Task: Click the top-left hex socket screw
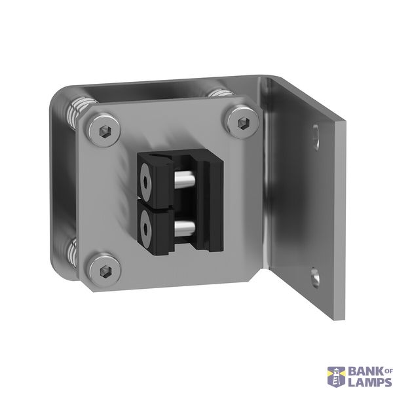click(x=105, y=130)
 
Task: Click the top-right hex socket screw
click(x=244, y=122)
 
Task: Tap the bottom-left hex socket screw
click(x=105, y=271)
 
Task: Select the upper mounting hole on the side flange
click(x=316, y=138)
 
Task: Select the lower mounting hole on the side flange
click(x=315, y=278)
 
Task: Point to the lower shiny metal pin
click(x=184, y=227)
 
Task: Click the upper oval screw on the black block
click(x=145, y=181)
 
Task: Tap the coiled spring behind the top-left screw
click(x=79, y=112)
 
